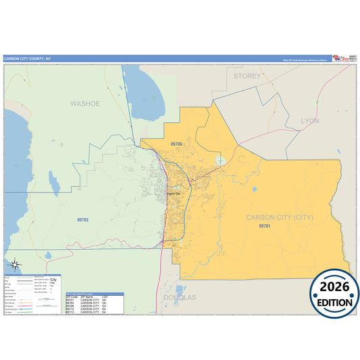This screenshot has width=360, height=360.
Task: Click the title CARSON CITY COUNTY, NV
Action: click(x=27, y=59)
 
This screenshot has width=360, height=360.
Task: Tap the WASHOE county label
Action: click(x=85, y=103)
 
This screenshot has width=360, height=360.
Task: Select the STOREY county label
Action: click(x=247, y=76)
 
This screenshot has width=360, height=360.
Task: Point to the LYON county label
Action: click(x=309, y=120)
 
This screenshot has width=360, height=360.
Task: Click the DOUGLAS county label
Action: click(x=180, y=297)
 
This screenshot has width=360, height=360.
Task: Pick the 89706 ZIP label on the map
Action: click(x=177, y=144)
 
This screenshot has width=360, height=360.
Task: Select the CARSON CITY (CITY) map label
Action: click(x=280, y=217)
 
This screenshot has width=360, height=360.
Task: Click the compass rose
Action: click(x=16, y=265)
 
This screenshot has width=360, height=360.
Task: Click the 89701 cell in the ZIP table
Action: click(x=71, y=300)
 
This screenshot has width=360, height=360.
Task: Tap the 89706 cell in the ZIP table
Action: click(x=71, y=307)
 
